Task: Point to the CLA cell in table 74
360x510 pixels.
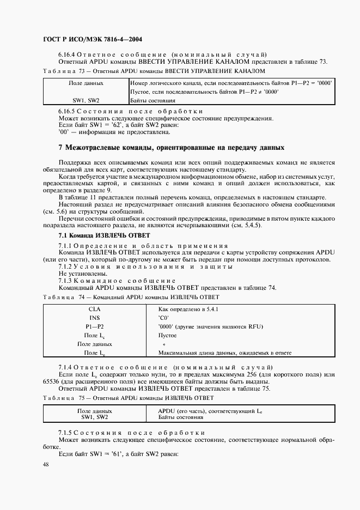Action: coord(95,308)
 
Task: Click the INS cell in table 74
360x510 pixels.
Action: coord(95,317)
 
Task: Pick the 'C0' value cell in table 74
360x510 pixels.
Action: coord(163,317)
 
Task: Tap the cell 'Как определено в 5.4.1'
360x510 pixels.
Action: coord(187,308)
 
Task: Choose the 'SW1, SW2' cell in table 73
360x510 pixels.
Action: coord(86,100)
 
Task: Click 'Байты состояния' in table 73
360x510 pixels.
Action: coord(153,100)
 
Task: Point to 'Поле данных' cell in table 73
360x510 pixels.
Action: coord(86,83)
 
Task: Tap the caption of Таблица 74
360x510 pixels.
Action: coord(130,297)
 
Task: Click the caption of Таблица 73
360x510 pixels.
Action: coord(152,71)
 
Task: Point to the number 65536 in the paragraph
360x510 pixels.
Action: coord(48,383)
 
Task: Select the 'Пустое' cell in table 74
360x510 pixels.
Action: coord(167,335)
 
